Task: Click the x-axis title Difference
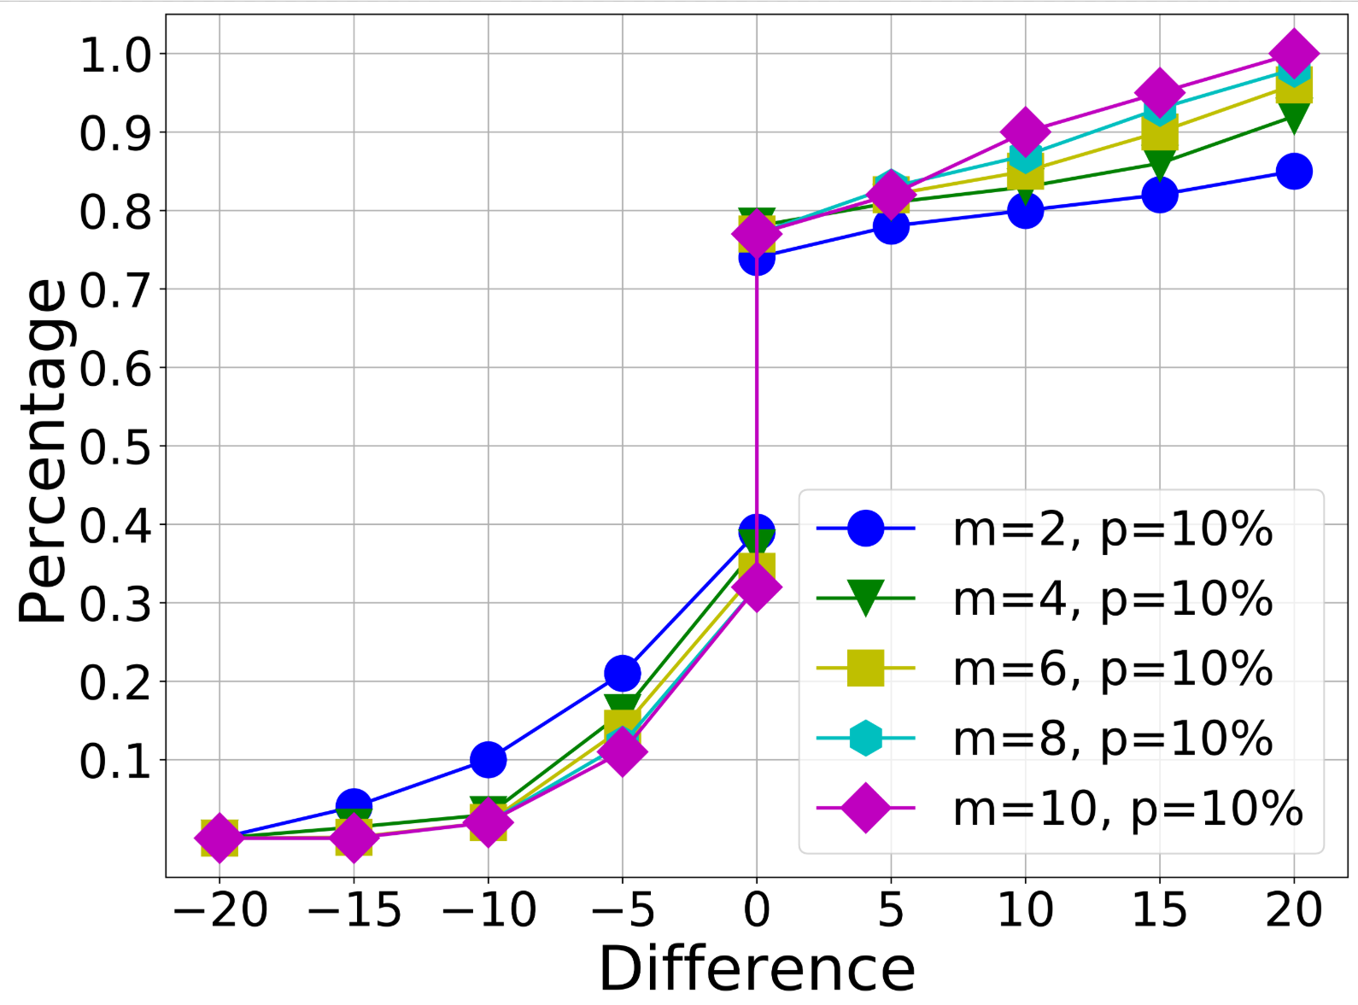click(x=757, y=969)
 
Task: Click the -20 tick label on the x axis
click(x=220, y=910)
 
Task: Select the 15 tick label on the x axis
click(x=1159, y=910)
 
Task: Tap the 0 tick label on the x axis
click(x=757, y=910)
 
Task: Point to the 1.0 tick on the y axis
click(x=114, y=55)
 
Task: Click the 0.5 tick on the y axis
click(x=114, y=447)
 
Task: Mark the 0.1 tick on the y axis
click(x=114, y=761)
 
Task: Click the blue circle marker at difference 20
click(x=1294, y=172)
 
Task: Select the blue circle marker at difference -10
click(x=488, y=759)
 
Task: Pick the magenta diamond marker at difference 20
click(x=1294, y=53)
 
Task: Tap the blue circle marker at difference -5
click(x=623, y=674)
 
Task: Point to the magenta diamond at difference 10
click(x=1025, y=131)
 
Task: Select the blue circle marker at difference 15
click(x=1159, y=196)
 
